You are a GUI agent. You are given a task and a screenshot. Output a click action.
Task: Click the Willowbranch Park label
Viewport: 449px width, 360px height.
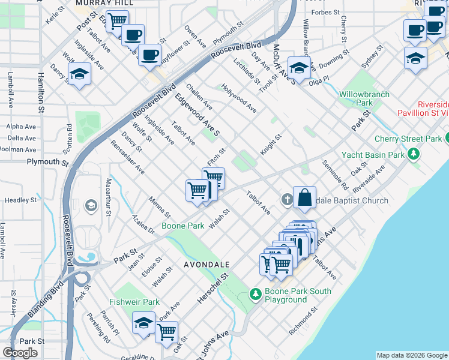[364, 98]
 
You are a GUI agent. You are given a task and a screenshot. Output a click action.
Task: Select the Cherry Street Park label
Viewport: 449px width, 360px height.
[408, 139]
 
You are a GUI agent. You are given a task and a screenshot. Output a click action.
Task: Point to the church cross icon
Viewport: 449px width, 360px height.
[287, 199]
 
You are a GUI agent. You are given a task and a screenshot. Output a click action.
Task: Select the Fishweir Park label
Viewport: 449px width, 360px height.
[134, 302]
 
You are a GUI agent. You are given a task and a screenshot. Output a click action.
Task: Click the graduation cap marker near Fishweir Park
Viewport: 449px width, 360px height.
[143, 322]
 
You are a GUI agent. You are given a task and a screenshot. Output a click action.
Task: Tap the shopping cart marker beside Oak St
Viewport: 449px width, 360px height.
[166, 331]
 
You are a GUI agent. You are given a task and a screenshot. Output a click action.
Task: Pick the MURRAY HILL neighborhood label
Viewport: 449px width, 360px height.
[96, 3]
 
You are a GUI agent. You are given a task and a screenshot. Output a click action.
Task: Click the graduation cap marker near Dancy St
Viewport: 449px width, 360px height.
[79, 75]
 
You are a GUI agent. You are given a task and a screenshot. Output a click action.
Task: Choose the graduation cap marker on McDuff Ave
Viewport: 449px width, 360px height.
[298, 67]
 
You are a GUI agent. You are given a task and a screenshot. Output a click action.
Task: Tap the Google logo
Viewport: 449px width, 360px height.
[20, 352]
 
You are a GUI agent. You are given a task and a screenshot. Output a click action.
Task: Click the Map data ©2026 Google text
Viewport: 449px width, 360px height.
[411, 355]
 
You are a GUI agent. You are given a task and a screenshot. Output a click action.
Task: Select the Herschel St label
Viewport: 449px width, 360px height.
[215, 287]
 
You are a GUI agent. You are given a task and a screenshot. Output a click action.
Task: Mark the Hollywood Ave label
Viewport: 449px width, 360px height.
[238, 98]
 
